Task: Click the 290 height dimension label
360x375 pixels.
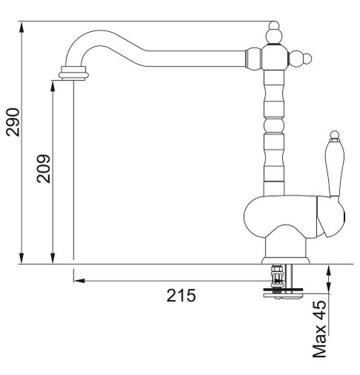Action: click(13, 122)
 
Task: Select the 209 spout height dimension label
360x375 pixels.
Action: click(44, 169)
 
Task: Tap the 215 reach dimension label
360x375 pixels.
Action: click(181, 295)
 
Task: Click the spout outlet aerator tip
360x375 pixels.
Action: click(73, 74)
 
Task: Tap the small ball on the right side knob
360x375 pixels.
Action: click(307, 59)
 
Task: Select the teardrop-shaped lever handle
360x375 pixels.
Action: click(335, 169)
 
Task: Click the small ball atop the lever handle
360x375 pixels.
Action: click(335, 134)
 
